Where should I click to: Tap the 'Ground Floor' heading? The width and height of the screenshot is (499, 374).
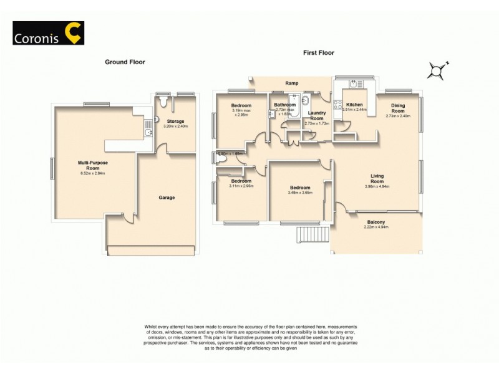[x=125, y=62]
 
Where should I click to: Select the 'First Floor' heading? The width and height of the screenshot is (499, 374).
[x=319, y=52]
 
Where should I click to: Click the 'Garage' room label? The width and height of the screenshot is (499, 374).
[x=166, y=198]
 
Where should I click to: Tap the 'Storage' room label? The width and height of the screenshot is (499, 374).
[x=175, y=121]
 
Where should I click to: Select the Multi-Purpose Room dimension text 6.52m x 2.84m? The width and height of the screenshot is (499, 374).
[x=89, y=173]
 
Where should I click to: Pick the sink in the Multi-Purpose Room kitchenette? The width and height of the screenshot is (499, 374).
[x=148, y=132]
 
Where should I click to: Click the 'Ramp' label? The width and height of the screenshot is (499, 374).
[x=291, y=83]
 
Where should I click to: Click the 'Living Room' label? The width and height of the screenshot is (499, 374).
[x=377, y=179]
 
